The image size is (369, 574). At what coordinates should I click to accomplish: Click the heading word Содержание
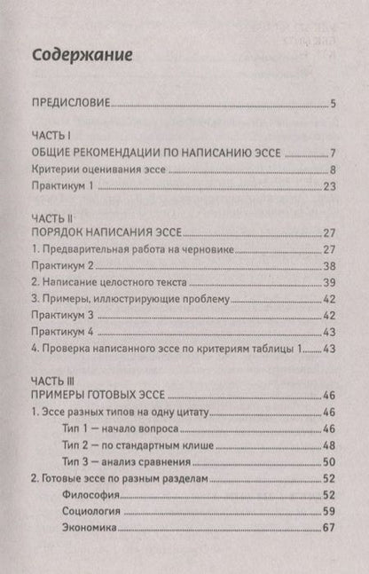[x=82, y=55]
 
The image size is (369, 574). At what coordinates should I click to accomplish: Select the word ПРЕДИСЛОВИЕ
[x=70, y=105]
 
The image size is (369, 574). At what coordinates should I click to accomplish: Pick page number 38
[x=328, y=266]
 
